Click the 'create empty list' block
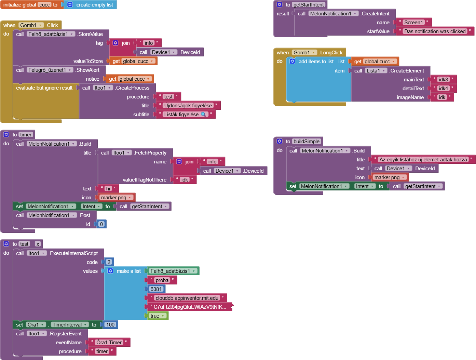pyautogui.click(x=90, y=5)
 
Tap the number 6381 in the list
pyautogui.click(x=156, y=289)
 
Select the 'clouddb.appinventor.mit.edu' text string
pyautogui.click(x=187, y=298)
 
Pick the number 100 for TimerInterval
pyautogui.click(x=110, y=325)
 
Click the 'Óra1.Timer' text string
pyautogui.click(x=109, y=343)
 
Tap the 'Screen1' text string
pyautogui.click(x=413, y=22)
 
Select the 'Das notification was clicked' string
pyautogui.click(x=435, y=31)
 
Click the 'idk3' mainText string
pyautogui.click(x=443, y=80)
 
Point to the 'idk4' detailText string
pyautogui.click(x=443, y=89)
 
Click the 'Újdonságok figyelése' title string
pyautogui.click(x=188, y=105)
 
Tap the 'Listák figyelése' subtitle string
pyautogui.click(x=186, y=114)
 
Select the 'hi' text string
pyautogui.click(x=108, y=188)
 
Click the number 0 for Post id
pyautogui.click(x=101, y=224)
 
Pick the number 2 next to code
pyautogui.click(x=109, y=262)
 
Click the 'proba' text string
pyautogui.click(x=162, y=280)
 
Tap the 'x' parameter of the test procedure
pyautogui.click(x=38, y=244)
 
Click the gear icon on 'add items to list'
pyautogui.click(x=292, y=62)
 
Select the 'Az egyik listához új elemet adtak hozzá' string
pyautogui.click(x=423, y=160)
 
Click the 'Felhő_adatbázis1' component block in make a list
pyautogui.click(x=173, y=271)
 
